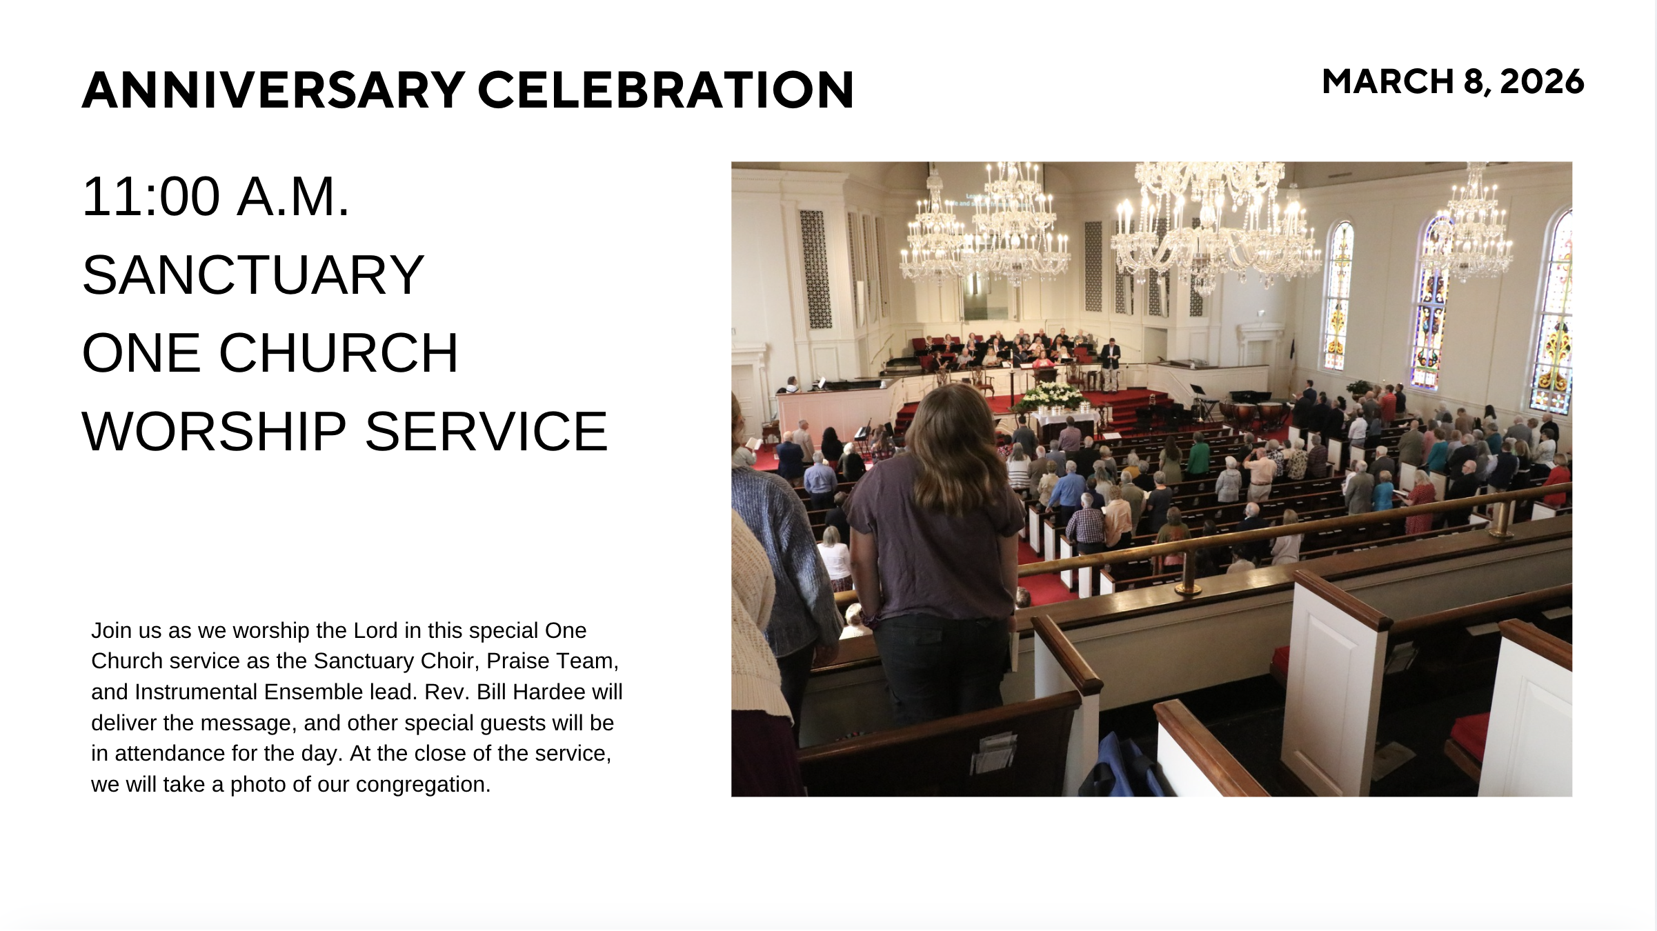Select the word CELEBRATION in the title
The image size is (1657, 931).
(x=666, y=90)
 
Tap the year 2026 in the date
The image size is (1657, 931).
(x=1542, y=82)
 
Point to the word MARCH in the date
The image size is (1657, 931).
(x=1388, y=82)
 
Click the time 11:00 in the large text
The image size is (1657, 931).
(x=151, y=197)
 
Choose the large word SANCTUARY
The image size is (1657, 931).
(x=253, y=275)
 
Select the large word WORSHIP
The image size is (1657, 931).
(x=214, y=432)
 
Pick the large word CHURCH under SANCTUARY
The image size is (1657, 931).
(x=339, y=353)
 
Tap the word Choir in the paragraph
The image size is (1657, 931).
(x=450, y=661)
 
